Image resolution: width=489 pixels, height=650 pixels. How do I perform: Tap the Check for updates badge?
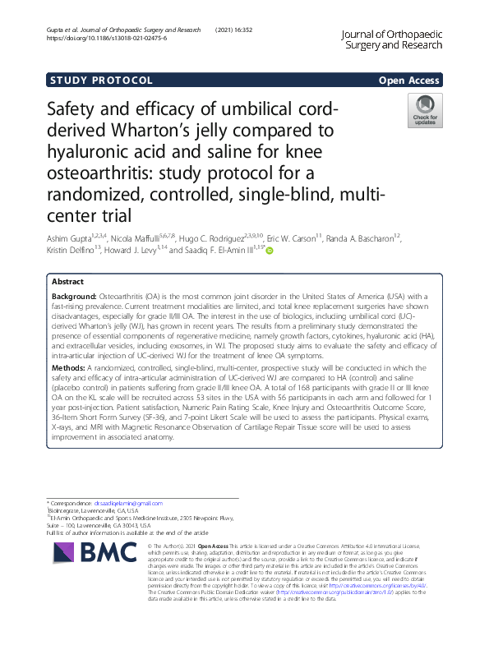(x=425, y=111)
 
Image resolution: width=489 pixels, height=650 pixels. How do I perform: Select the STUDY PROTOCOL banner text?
(x=101, y=81)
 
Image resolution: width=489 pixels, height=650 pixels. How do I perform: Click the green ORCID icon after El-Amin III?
(x=268, y=251)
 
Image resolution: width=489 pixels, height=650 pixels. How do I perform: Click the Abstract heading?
(x=67, y=281)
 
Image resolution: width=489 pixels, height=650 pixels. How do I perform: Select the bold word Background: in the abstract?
(x=74, y=293)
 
